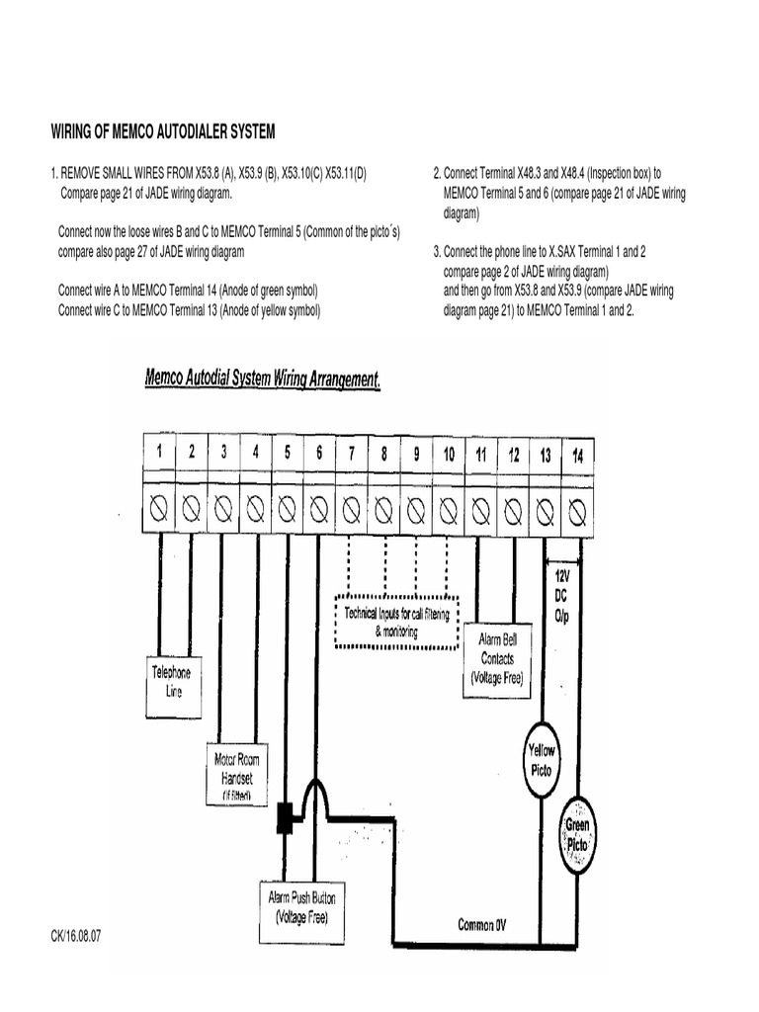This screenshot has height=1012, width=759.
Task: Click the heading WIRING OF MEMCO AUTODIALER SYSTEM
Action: click(163, 131)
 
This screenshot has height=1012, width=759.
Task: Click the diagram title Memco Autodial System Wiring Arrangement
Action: click(263, 379)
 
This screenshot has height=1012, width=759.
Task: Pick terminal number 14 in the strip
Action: click(577, 455)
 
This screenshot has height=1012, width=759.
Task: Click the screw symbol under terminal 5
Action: click(287, 509)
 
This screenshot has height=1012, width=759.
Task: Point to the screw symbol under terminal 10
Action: click(448, 510)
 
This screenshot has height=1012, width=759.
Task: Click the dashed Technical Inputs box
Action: click(396, 622)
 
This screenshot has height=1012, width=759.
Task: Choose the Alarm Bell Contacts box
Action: click(497, 658)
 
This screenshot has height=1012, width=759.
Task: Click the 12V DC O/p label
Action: click(561, 595)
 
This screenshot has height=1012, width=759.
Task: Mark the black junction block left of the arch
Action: click(285, 816)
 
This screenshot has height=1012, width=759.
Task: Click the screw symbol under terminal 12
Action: click(513, 510)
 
